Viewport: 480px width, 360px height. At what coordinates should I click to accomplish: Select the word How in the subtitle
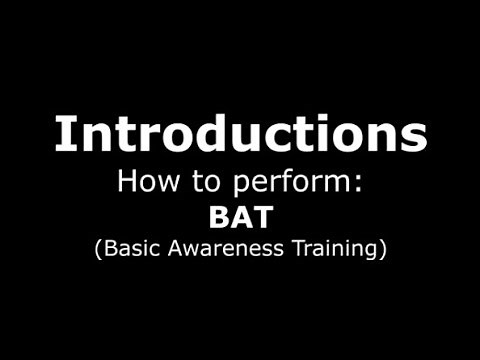pos(143,182)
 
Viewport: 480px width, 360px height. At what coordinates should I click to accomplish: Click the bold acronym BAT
pos(239,216)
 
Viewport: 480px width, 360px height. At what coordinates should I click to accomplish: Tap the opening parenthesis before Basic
pos(99,249)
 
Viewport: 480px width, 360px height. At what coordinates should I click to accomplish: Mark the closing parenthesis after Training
pos(382,249)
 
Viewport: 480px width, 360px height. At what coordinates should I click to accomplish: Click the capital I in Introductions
pos(63,134)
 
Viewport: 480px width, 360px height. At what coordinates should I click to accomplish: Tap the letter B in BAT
pos(219,216)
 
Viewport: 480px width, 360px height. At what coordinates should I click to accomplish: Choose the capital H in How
pos(127,182)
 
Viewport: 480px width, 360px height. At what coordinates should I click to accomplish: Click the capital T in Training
pos(296,248)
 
